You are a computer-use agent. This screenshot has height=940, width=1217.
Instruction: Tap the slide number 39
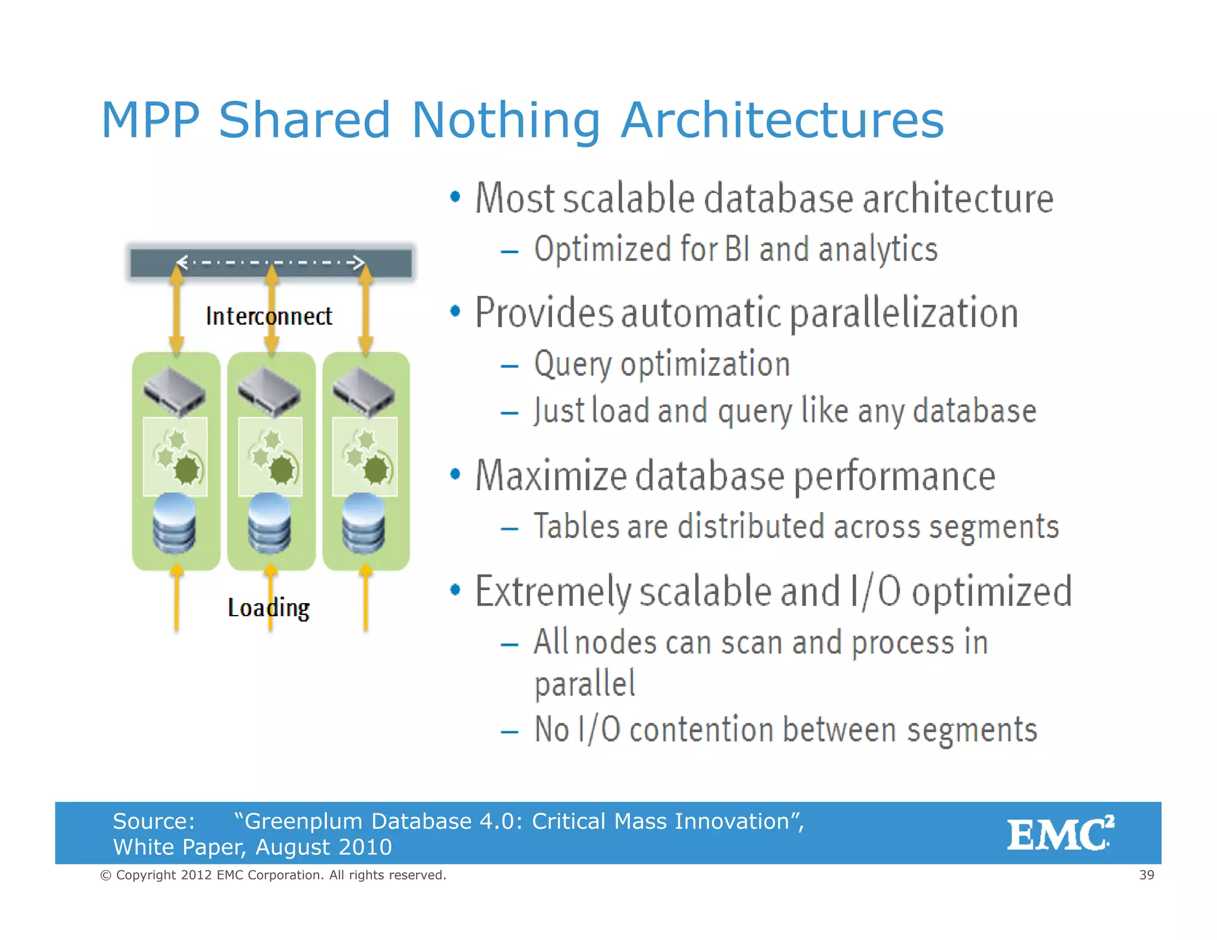[1146, 875]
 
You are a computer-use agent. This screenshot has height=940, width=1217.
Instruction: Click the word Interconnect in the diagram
[269, 316]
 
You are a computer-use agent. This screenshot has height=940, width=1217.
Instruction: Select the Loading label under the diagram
[269, 608]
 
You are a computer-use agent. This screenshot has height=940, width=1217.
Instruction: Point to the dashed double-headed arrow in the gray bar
[271, 262]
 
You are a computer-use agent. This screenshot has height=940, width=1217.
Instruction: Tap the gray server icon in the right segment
[364, 390]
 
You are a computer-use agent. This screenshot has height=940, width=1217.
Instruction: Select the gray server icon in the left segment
[174, 390]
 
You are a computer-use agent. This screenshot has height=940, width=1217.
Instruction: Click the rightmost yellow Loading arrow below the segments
[365, 597]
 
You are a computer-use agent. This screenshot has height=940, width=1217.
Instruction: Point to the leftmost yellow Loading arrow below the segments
[176, 597]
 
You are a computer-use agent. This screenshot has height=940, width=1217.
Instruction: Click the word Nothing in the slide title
[506, 120]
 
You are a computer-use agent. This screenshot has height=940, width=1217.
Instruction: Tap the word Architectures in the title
[782, 120]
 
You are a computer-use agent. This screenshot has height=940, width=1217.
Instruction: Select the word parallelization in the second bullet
[904, 313]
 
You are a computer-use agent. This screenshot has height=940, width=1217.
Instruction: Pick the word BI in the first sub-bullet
[737, 248]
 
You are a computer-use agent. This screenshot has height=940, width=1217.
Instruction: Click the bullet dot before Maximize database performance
[455, 474]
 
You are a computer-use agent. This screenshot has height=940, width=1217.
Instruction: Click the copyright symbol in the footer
[106, 875]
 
